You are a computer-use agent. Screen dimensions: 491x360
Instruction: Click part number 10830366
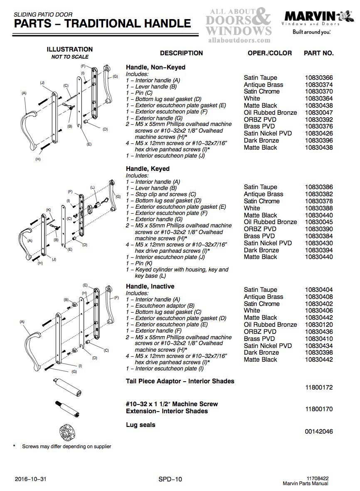(318, 78)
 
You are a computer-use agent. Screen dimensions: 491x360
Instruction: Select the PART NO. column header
(318, 53)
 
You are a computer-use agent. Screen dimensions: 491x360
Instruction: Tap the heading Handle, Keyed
(148, 169)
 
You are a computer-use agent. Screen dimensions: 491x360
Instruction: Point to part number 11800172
(318, 387)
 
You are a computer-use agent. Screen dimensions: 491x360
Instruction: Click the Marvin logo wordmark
(310, 17)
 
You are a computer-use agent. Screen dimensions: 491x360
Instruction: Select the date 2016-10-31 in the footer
(30, 479)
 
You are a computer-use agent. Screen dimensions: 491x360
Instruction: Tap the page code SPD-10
(170, 479)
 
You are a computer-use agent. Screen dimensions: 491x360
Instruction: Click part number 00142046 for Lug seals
(318, 432)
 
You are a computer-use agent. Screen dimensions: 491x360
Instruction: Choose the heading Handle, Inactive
(150, 286)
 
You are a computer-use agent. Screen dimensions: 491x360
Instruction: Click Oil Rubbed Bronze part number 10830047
(318, 113)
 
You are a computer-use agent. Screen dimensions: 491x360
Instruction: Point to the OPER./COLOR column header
(269, 53)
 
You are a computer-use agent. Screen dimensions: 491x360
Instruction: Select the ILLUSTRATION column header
(69, 49)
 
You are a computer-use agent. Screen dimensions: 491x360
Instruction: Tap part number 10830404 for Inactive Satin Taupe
(318, 290)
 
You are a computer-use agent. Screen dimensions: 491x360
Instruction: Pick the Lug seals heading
(141, 425)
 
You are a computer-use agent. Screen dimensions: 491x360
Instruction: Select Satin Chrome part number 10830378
(318, 201)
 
